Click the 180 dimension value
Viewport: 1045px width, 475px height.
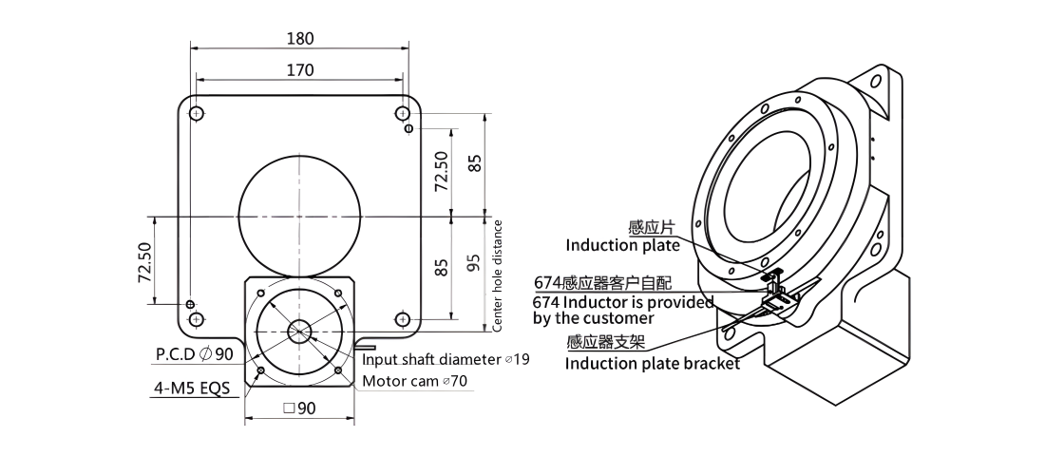click(x=300, y=39)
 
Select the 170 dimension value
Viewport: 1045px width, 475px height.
click(x=300, y=70)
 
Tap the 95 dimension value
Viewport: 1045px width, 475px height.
click(x=474, y=262)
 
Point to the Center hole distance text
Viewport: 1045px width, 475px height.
click(x=497, y=275)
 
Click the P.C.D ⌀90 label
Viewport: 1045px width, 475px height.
click(x=195, y=353)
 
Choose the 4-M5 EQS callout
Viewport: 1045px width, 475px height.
click(x=196, y=388)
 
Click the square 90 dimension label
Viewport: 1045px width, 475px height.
click(x=299, y=408)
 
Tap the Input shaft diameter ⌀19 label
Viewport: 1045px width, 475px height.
click(x=446, y=360)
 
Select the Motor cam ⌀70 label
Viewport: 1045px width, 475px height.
click(x=414, y=381)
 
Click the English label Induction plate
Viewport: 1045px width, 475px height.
click(x=622, y=245)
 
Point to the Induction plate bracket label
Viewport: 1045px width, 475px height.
click(x=653, y=364)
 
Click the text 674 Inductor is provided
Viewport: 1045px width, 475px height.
click(x=623, y=302)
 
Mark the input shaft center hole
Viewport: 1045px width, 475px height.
click(x=299, y=332)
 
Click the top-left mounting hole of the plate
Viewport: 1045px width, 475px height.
click(x=196, y=113)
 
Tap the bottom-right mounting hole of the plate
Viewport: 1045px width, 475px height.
click(x=401, y=320)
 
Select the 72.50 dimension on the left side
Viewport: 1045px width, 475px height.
click(x=144, y=262)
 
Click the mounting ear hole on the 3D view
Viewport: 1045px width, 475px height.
click(x=876, y=82)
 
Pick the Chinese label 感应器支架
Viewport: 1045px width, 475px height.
click(x=606, y=342)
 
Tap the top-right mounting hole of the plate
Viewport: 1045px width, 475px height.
click(x=401, y=113)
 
